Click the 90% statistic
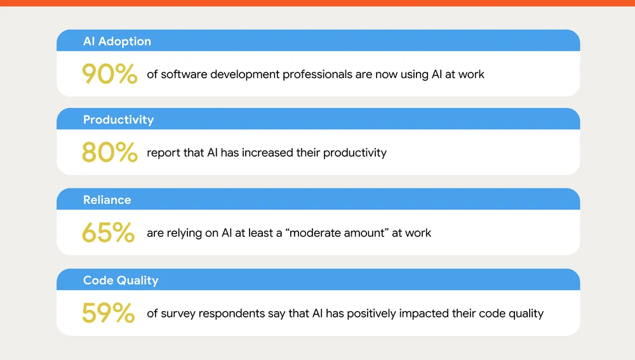109,74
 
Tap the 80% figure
109,152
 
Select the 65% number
108,233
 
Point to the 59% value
108,313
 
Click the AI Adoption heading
117,41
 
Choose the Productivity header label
118,119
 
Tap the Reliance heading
107,200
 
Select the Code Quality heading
121,280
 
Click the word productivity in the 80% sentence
354,153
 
